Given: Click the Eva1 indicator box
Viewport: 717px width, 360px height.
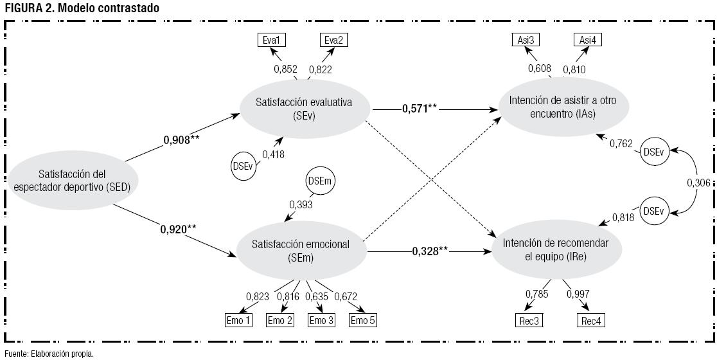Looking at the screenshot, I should (271, 40).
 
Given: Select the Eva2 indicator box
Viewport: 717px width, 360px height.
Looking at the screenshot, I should (334, 40).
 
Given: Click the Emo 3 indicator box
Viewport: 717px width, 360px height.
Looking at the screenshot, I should (322, 320).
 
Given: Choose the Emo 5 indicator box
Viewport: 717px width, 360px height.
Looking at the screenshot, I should (363, 320).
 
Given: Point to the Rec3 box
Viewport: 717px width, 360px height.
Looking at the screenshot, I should (529, 320).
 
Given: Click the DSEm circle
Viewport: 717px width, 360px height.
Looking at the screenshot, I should (319, 182).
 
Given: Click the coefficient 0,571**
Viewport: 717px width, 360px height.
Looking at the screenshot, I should (420, 109).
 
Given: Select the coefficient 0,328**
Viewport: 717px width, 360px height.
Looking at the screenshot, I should (430, 250).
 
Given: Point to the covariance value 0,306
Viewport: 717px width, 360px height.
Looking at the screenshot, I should (698, 183).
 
